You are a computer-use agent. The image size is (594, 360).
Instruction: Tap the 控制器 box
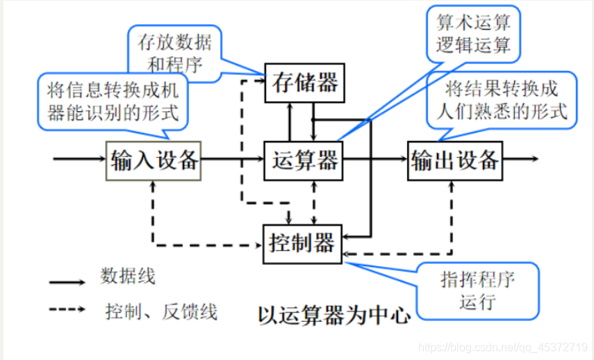301,243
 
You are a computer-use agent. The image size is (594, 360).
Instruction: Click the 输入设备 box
154,161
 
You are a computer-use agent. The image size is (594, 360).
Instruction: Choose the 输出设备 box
454,161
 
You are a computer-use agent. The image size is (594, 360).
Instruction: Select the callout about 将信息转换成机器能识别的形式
112,100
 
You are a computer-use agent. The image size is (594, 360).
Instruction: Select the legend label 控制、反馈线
161,312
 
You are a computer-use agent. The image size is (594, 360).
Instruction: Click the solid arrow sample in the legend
67,283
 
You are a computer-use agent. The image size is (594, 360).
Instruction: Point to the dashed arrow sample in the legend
67,310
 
